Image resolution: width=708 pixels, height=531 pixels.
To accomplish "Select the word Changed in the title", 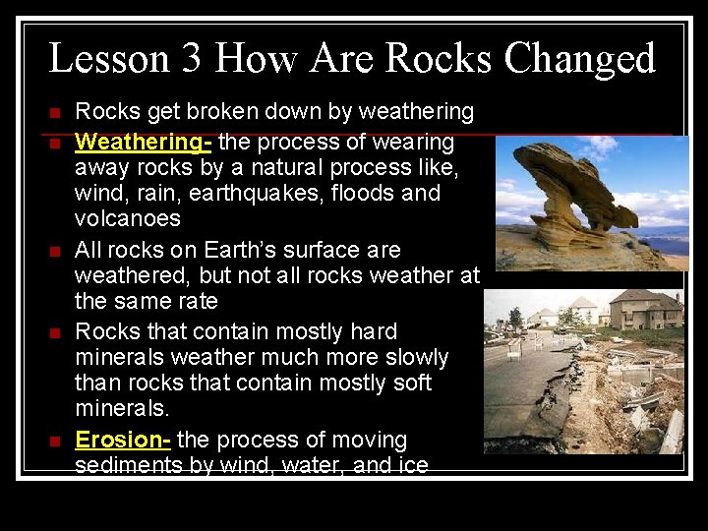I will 579,59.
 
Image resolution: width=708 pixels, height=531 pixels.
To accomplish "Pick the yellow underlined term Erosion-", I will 123,440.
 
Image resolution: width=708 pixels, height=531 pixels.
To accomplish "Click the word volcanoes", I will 128,217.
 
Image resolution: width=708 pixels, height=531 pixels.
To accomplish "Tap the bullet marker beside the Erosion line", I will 54,442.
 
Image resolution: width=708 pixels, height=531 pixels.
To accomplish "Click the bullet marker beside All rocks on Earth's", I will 54,252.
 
